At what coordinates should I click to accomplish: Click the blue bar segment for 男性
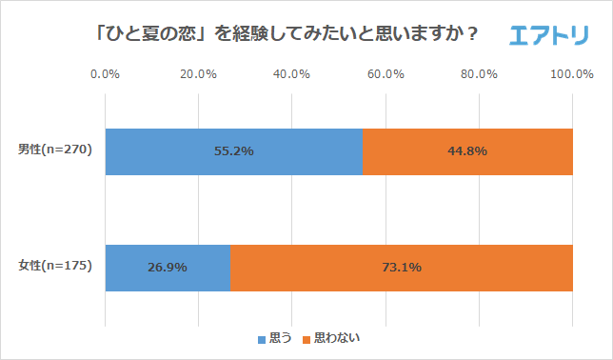pos(233,150)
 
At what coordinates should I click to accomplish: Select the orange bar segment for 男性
pos(467,150)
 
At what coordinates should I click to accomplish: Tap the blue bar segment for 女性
pos(168,268)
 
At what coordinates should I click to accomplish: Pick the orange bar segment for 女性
pos(401,268)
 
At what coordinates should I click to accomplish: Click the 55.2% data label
pos(234,150)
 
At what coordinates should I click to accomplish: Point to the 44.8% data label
pos(467,150)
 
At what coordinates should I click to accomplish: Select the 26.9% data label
pos(168,268)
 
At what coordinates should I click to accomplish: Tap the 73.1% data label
pos(401,268)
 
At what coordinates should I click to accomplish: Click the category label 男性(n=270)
pos(55,150)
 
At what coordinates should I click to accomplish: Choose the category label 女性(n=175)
pos(55,267)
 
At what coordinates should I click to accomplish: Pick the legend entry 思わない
pos(330,339)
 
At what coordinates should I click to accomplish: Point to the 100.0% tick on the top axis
pos(572,74)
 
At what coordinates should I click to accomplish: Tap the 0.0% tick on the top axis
pos(105,74)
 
